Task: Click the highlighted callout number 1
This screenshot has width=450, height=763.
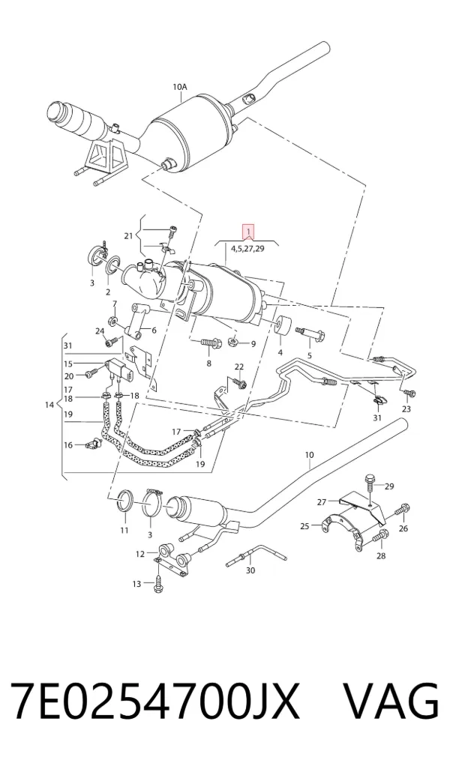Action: (248, 231)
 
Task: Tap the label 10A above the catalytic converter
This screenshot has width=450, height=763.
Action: (180, 87)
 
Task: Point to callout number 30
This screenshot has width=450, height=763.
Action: (250, 570)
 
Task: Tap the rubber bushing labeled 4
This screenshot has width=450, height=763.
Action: (283, 325)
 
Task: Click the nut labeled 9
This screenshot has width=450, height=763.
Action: (232, 341)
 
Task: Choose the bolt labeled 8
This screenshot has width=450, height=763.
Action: (211, 343)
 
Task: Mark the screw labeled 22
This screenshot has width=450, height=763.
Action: (239, 383)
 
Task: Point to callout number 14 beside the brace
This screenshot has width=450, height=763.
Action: (49, 405)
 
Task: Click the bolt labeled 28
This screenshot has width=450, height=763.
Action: (379, 537)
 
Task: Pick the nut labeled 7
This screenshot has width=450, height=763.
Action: (112, 320)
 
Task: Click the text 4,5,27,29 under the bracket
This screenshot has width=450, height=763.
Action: (248, 248)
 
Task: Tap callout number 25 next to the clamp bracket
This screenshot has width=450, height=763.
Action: (304, 525)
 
